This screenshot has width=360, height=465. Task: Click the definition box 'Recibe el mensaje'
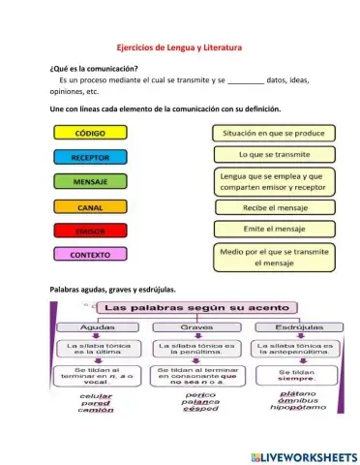tap(273, 206)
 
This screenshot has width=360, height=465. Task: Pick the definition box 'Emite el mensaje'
tap(273, 230)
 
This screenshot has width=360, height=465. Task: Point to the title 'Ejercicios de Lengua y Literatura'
tap(179, 47)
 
